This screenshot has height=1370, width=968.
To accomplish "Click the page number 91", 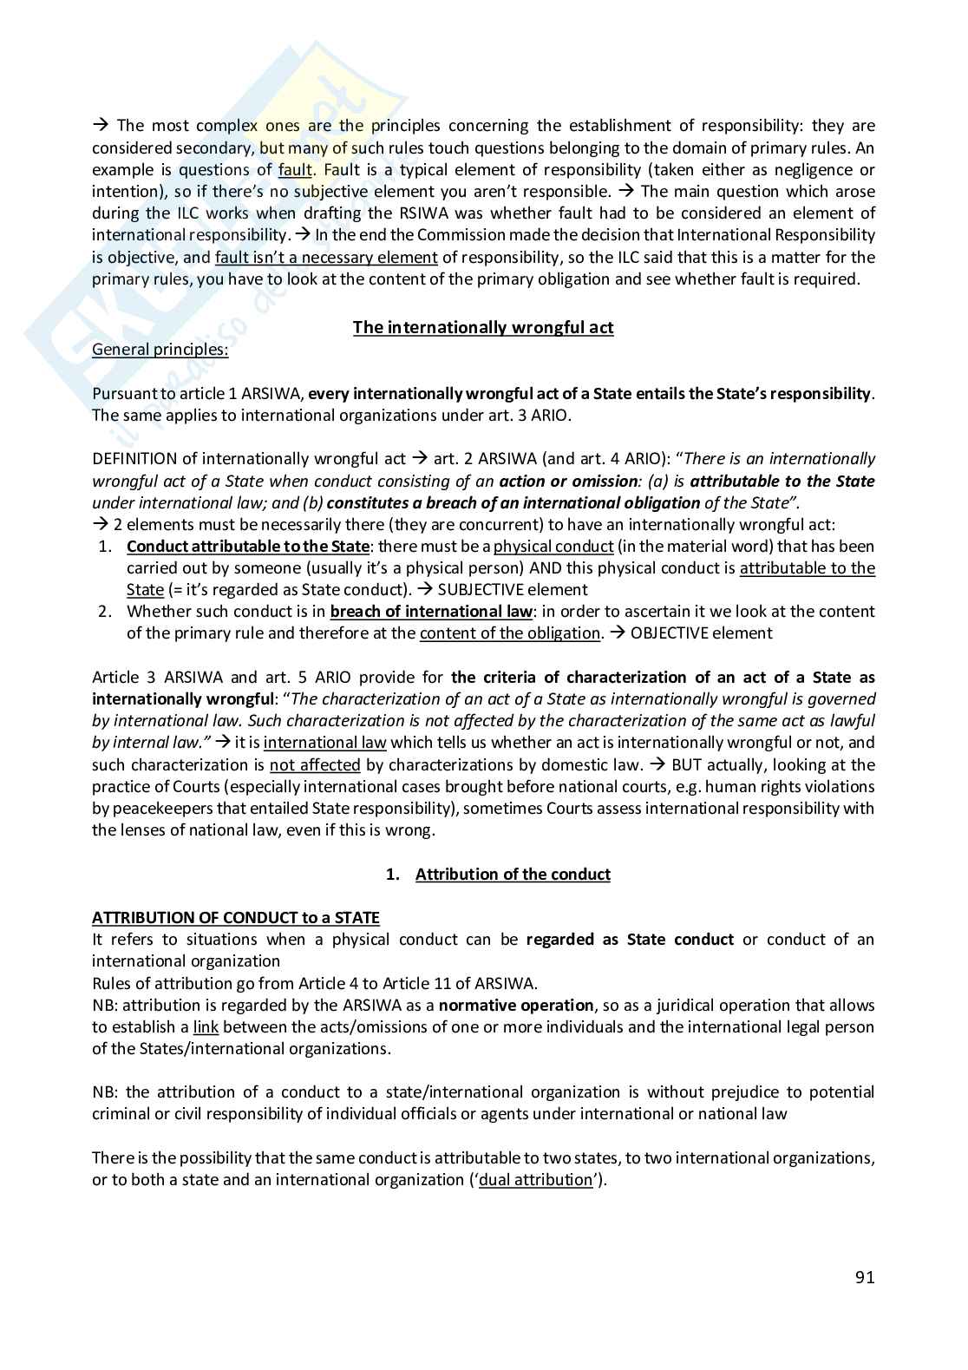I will (864, 1277).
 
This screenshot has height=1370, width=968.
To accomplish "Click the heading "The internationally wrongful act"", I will (483, 327).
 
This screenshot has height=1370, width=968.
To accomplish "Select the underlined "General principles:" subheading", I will (160, 350).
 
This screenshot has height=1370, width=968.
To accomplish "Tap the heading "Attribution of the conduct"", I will (513, 874).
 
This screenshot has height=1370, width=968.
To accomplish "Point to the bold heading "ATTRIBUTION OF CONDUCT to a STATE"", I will (236, 917).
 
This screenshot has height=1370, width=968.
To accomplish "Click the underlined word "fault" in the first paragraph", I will (295, 169).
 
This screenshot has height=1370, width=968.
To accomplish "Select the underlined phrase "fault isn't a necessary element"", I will (326, 257).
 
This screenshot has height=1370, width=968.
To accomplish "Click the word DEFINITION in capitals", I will (134, 458).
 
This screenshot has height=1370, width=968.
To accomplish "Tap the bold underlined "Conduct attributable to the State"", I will (248, 546).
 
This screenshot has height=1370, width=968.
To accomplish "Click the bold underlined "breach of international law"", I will (431, 611).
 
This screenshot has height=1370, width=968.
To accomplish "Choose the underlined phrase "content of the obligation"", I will (510, 633).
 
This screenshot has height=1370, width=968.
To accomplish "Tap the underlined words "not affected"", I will (315, 764).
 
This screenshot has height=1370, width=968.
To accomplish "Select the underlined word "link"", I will (206, 1026).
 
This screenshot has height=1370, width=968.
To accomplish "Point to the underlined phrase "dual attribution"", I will (535, 1179).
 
